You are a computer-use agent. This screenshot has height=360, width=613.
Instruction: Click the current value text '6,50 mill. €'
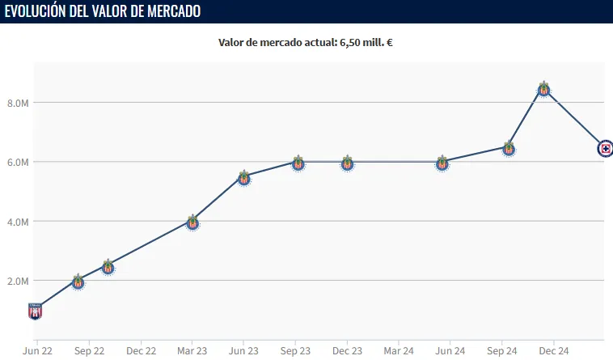[363, 42]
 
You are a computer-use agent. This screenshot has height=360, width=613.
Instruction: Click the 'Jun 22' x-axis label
[37, 351]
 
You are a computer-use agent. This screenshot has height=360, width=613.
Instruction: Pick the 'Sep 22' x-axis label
[89, 351]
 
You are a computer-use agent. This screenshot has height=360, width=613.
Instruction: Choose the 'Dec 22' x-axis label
[141, 351]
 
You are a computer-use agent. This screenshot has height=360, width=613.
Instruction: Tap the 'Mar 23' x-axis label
[192, 351]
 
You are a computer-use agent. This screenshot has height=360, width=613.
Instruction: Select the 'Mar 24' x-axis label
[399, 351]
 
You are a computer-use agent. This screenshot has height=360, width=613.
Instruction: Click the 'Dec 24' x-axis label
[554, 351]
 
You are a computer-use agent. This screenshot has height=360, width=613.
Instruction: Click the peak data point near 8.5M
[543, 89]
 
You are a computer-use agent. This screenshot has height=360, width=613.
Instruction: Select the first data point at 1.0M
[35, 311]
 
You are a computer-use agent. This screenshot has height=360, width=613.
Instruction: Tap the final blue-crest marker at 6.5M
[605, 148]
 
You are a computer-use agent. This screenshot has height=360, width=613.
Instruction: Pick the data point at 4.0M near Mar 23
[192, 222]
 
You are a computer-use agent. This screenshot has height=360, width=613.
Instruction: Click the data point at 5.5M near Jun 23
[244, 178]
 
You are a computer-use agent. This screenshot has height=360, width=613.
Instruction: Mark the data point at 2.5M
[108, 267]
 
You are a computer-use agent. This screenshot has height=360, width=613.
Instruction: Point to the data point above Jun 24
[442, 163]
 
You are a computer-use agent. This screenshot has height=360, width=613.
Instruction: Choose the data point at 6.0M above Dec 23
[347, 163]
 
